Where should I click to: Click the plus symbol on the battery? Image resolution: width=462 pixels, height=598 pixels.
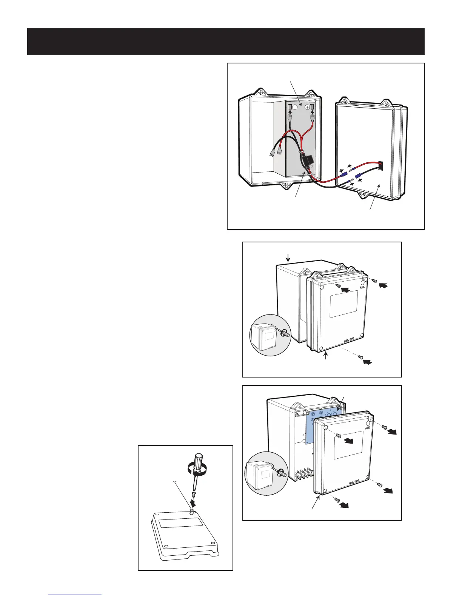307,107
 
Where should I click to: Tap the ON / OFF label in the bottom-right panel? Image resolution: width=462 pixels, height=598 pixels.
354,482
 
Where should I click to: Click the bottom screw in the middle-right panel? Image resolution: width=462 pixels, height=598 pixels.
361,357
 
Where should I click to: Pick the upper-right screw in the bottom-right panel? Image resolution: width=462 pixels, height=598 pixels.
384,427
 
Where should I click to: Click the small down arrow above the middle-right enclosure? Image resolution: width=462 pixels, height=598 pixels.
288,258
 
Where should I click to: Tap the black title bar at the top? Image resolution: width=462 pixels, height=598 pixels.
226,42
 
